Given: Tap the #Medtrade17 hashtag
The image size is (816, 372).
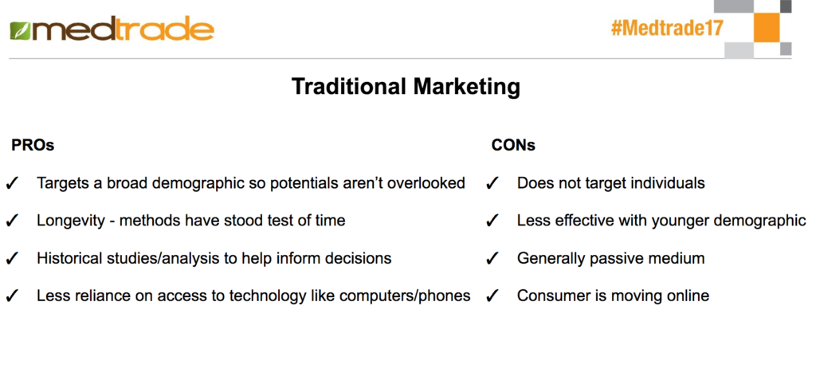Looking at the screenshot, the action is (667, 28).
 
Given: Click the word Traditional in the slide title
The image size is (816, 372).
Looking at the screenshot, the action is (349, 86).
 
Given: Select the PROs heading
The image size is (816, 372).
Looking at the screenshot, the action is (33, 145).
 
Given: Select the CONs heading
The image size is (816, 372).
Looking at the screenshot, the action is (513, 145).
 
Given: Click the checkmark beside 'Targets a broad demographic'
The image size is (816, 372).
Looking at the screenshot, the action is (13, 184).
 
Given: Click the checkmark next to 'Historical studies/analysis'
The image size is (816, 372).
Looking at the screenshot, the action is (13, 259).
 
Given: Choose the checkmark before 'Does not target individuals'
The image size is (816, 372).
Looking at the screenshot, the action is (492, 184).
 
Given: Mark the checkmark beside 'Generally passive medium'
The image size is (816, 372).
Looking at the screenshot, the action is (492, 259).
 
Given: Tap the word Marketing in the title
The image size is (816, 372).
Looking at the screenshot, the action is (467, 87).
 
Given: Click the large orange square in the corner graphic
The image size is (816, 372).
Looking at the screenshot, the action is (767, 28).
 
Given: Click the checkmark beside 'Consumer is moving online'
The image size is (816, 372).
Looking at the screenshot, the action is (492, 296).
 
